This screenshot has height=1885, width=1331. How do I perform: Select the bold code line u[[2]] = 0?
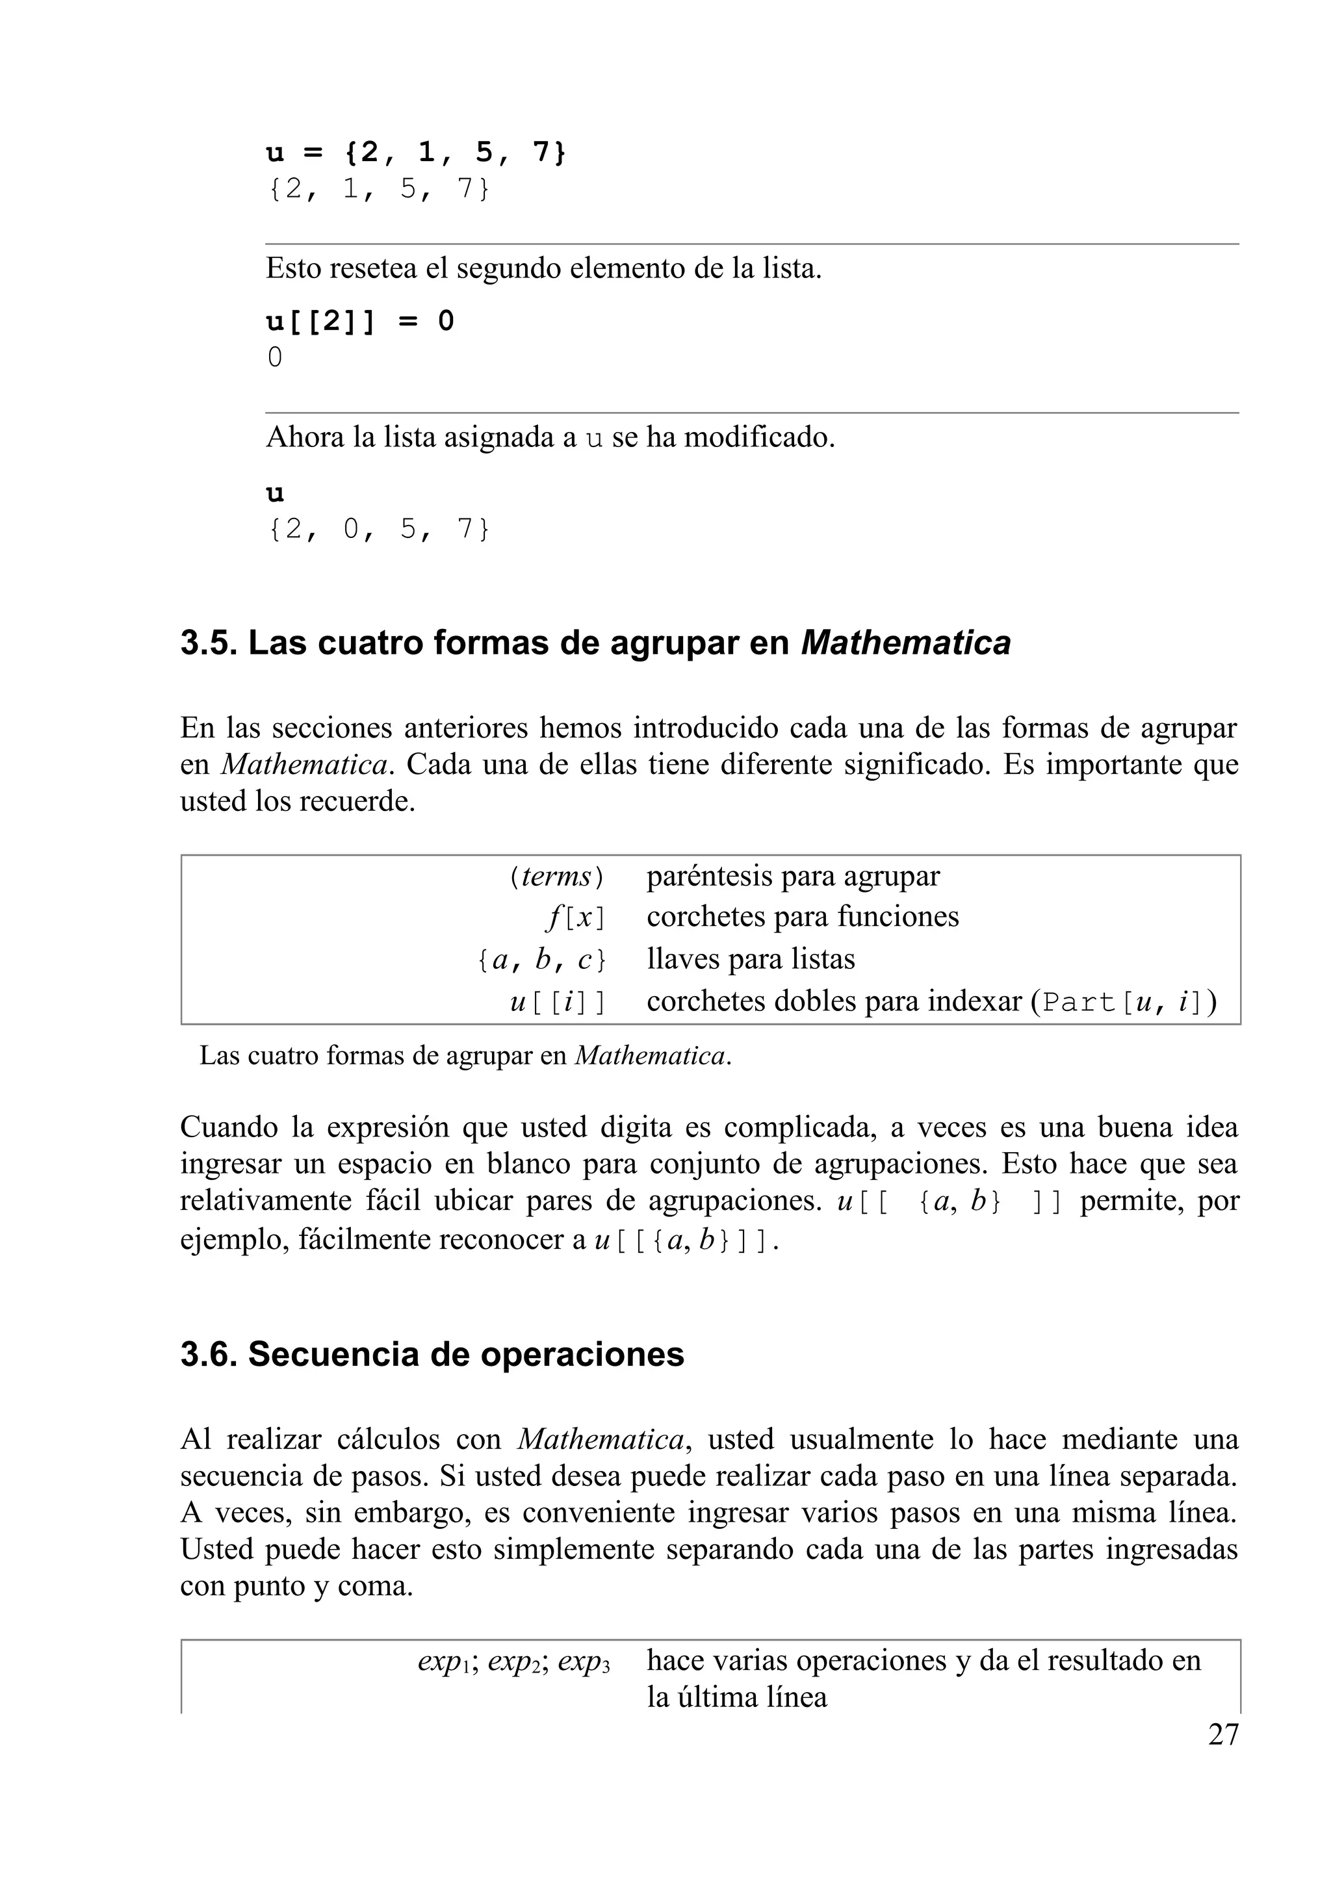click(x=359, y=321)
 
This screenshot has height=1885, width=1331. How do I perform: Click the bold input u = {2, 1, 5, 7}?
click(x=415, y=153)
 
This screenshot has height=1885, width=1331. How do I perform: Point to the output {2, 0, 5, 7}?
click(x=378, y=530)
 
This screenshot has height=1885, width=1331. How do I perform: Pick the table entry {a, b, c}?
click(x=543, y=960)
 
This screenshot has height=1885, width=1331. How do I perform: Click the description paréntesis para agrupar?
click(x=792, y=877)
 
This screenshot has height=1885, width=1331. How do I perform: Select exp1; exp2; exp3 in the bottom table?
click(x=513, y=1661)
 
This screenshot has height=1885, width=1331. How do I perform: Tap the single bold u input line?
click(x=275, y=493)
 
